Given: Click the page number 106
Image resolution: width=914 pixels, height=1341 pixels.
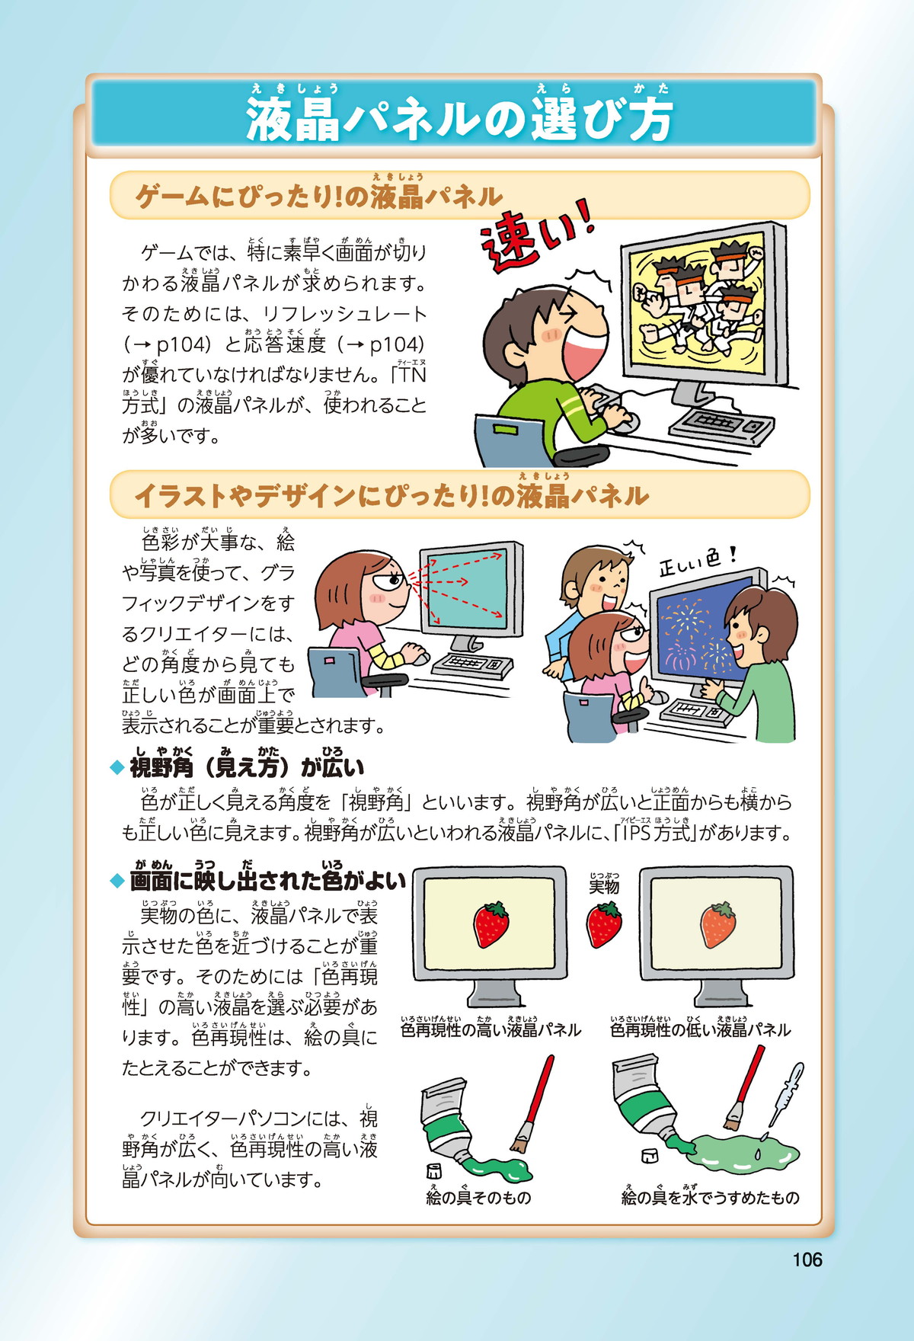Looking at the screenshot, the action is coord(807,1259).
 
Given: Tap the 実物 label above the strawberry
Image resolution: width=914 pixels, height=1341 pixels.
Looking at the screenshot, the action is coord(603,886).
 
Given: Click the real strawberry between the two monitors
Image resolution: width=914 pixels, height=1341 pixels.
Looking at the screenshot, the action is coord(603,924).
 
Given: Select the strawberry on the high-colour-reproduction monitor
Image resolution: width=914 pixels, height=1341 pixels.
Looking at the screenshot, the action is coord(491,924).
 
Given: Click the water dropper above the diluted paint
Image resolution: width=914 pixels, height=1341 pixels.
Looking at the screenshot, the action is coord(785,1094).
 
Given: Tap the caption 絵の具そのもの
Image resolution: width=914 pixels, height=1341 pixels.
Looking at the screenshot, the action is coord(478,1198).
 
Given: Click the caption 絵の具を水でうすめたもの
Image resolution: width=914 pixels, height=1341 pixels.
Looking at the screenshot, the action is coord(710,1198).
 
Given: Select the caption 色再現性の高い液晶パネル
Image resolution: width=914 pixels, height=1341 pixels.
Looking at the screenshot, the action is coord(491,1030).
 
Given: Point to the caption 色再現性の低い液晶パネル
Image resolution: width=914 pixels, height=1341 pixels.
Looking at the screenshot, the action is coord(701,1030).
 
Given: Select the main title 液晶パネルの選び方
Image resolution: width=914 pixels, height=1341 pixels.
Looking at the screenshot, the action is coord(459,120).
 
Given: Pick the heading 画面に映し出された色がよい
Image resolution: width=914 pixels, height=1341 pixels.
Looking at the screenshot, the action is coord(267,881).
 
